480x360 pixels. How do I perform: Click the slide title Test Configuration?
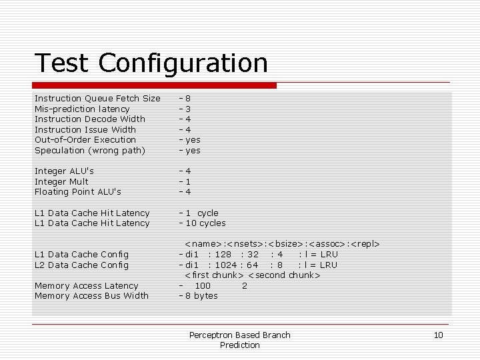coord(151,63)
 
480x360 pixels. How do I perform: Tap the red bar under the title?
coord(155,85)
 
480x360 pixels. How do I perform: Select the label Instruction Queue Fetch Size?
coord(97,99)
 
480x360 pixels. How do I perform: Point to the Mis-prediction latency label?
coord(82,109)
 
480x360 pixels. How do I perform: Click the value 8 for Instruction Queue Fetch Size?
coord(188,99)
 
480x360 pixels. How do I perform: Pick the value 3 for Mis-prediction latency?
coord(188,109)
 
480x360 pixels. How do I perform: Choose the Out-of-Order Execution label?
coord(85,140)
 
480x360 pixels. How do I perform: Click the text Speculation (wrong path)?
coord(89,150)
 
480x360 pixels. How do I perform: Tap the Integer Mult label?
coord(61,181)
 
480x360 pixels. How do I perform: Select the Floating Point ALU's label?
coord(78,192)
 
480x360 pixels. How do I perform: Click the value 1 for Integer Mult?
coord(188,181)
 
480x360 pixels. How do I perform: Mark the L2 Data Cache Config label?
coord(81,265)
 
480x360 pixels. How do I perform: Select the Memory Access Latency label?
coord(86,285)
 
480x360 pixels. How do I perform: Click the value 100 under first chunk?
coord(203,285)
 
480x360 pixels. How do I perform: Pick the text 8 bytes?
coord(201,296)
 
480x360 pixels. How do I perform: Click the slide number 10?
coord(438,335)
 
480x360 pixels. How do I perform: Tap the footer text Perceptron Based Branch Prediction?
coord(240,340)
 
